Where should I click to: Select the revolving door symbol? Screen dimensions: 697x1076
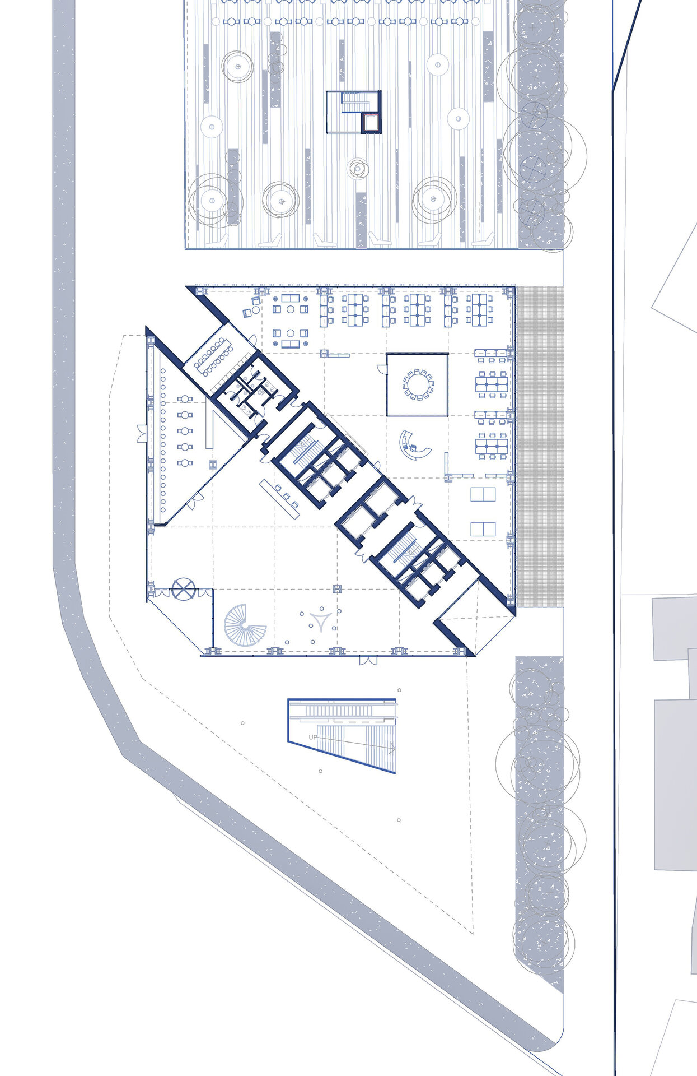[183, 589]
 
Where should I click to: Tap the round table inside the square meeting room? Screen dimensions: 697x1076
[418, 384]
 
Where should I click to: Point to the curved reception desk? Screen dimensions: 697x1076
[414, 447]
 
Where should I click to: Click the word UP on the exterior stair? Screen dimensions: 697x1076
[313, 737]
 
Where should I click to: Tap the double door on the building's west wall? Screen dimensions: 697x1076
[142, 434]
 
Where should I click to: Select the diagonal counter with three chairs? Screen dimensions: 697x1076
[280, 495]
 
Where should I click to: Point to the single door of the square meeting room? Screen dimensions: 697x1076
[382, 368]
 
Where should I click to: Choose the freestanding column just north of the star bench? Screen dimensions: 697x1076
[337, 588]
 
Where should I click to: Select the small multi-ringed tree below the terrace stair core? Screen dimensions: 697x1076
[357, 168]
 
